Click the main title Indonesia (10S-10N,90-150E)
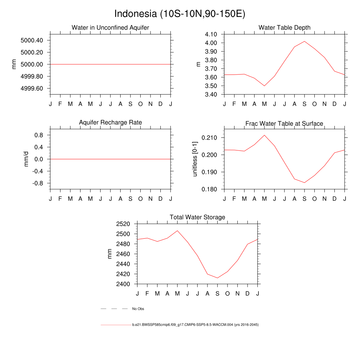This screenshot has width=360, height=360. [180, 14]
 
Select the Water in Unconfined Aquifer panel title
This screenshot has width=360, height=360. [110, 27]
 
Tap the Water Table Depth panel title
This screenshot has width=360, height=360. [284, 27]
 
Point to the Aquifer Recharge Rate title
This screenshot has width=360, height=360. [110, 122]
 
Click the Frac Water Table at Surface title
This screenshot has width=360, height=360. [284, 123]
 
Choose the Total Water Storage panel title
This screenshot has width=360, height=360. [197, 217]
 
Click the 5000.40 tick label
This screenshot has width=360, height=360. [32, 40]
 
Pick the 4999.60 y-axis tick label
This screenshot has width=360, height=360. [32, 89]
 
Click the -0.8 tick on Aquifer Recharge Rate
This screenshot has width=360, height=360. [37, 183]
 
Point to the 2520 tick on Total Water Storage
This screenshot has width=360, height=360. [123, 224]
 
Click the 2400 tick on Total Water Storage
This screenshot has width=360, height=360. [123, 284]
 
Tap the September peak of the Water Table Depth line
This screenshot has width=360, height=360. [304, 41]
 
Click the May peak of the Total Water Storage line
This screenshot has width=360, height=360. [178, 231]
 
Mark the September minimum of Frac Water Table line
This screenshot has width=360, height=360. [304, 182]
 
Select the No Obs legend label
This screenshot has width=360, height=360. [138, 309]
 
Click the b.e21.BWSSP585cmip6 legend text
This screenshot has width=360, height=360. [195, 325]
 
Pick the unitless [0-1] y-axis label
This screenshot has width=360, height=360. [195, 159]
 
